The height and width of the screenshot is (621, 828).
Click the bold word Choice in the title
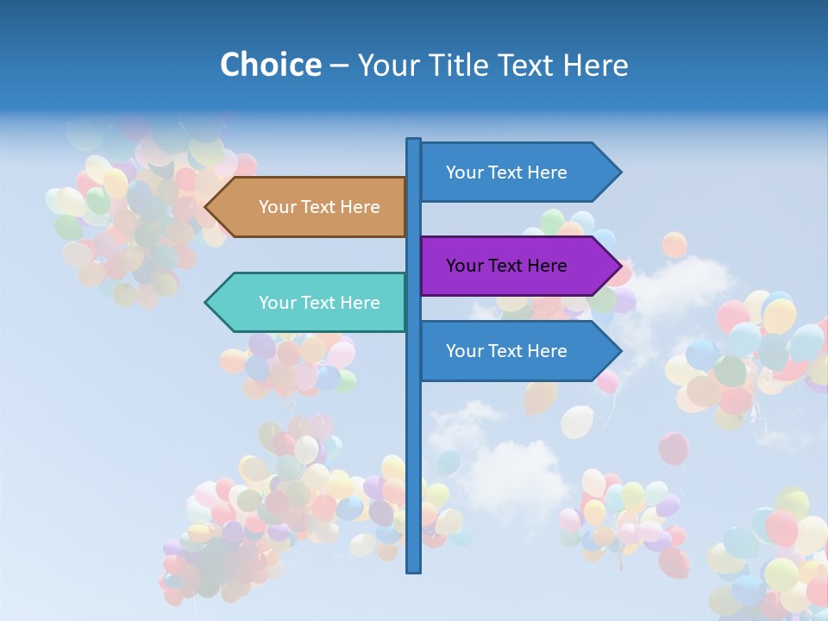click(270, 65)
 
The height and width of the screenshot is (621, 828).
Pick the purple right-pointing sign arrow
click(513, 266)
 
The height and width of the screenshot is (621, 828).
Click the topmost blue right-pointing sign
click(513, 172)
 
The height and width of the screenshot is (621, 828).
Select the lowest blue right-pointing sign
click(513, 351)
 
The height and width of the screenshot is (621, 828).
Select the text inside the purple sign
click(506, 266)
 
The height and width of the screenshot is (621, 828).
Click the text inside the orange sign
click(319, 207)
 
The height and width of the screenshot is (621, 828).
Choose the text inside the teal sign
click(319, 303)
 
